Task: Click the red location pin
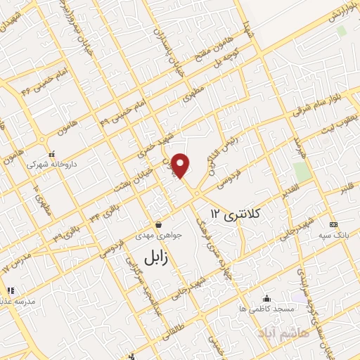click(181, 165)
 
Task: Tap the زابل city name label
click(157, 257)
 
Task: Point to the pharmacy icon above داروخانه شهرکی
click(51, 153)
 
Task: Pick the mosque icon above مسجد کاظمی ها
click(266, 298)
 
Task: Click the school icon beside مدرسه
click(10, 290)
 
